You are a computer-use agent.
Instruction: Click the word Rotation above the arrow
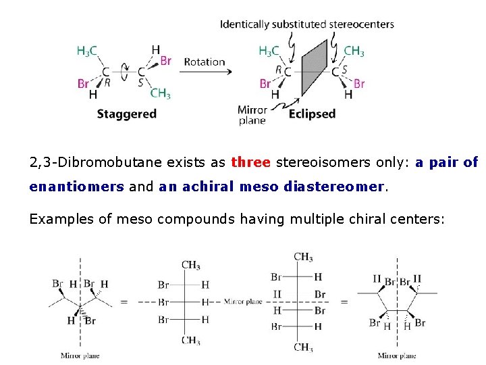(204, 62)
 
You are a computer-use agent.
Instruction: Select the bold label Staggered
(126, 114)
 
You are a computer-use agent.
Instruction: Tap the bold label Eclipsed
(312, 114)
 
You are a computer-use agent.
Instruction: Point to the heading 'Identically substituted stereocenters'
(306, 24)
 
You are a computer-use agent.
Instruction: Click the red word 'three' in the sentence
(250, 162)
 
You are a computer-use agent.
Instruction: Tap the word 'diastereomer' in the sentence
(340, 187)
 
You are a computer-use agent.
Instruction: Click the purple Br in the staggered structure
(165, 61)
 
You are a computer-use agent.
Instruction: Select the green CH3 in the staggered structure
(160, 94)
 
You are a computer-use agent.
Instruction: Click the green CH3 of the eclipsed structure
(354, 51)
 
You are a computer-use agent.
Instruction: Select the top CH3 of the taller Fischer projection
(303, 257)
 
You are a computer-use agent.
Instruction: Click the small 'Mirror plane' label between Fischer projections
(243, 301)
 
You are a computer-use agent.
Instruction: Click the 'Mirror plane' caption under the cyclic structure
(397, 356)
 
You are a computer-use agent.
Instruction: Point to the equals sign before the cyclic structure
(344, 301)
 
